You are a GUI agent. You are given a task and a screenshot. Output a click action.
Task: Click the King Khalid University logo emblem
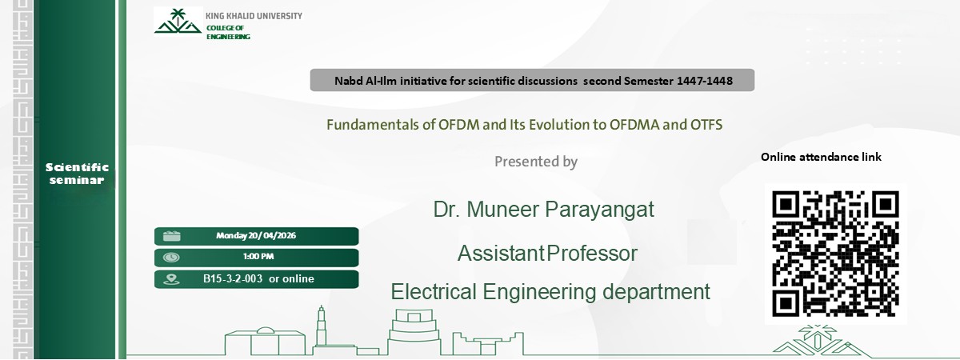[x=178, y=22]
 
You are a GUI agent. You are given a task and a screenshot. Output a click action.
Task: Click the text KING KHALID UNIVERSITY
[x=254, y=16]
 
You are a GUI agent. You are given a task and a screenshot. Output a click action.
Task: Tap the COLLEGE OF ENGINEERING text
[x=228, y=33]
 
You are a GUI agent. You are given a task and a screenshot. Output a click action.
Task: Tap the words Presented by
[x=535, y=162]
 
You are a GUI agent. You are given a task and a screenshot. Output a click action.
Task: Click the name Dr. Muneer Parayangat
[x=543, y=210]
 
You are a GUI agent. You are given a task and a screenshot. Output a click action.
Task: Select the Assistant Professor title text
[x=547, y=254]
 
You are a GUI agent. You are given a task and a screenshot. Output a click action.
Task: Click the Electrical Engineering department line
[x=550, y=292]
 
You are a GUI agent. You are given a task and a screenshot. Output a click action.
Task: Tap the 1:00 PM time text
[x=258, y=257]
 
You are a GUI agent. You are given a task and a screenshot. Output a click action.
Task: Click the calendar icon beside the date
[x=171, y=236]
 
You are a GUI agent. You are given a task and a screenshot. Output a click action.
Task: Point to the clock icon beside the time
[x=171, y=258]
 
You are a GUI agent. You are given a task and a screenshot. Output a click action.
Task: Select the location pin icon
[x=171, y=279]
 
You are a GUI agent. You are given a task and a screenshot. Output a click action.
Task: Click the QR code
[x=835, y=253]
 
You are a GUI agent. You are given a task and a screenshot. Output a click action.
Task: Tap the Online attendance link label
[x=821, y=157]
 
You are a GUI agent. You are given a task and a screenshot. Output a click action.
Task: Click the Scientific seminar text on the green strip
[x=77, y=174]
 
